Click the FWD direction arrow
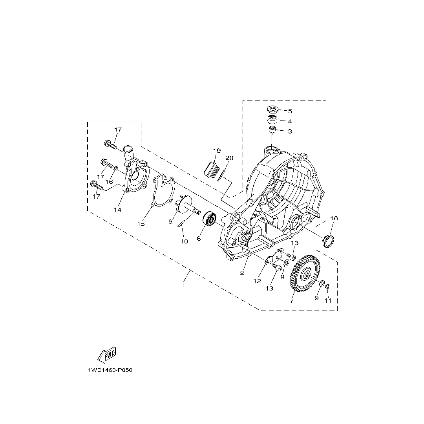107,355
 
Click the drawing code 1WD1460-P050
110,370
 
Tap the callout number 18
334,218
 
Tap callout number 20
229,158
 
